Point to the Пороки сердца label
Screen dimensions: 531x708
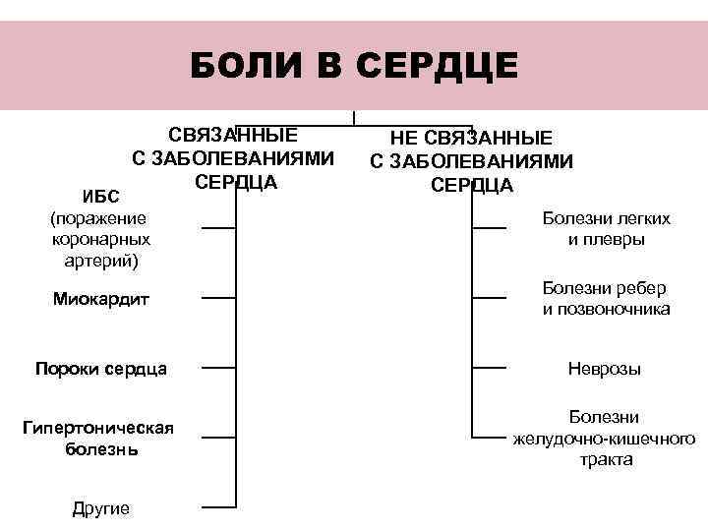click(100, 370)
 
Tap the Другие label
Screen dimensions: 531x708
click(101, 507)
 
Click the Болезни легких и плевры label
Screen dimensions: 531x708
click(606, 228)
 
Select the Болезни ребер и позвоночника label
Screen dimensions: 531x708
click(606, 299)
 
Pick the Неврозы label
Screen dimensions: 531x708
click(605, 370)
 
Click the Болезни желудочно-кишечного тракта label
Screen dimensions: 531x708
click(605, 438)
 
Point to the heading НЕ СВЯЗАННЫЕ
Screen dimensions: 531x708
click(472, 139)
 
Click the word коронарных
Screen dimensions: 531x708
click(99, 239)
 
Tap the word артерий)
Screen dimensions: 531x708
click(99, 260)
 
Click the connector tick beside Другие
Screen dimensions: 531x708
click(219, 507)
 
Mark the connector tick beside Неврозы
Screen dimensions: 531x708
click(489, 369)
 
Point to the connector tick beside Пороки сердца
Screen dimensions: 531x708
click(219, 369)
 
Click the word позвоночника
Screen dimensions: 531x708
click(606, 309)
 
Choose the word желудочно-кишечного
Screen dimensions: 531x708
click(605, 438)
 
